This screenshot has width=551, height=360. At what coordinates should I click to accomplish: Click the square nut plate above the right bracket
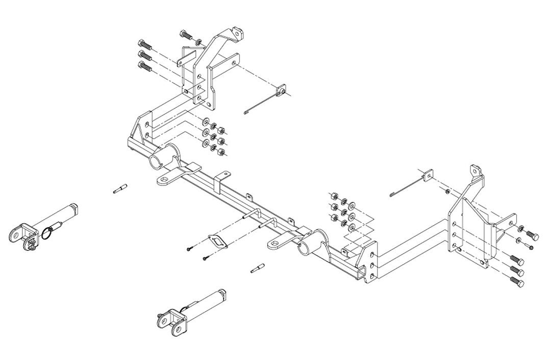[428, 176]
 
